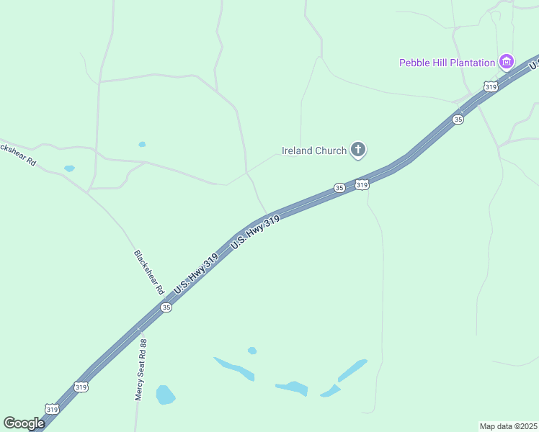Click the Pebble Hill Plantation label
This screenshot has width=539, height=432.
[x=447, y=63]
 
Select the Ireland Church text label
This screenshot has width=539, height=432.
[x=313, y=150]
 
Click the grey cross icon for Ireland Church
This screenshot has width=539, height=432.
[x=358, y=150]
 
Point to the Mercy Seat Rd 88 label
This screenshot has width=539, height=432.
[x=141, y=371]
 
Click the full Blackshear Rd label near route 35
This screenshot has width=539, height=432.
[x=149, y=273]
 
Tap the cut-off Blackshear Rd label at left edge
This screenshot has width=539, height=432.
[x=18, y=150]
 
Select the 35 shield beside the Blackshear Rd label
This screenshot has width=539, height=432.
[x=166, y=307]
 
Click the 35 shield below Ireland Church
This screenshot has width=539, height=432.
[x=339, y=188]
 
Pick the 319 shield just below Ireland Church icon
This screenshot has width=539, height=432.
[x=362, y=185]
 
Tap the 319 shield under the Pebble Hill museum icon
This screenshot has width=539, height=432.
[x=491, y=86]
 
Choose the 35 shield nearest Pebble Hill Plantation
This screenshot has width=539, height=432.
[x=458, y=120]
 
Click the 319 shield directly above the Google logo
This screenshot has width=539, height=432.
[x=52, y=409]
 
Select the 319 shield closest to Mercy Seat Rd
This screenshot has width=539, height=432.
[x=81, y=387]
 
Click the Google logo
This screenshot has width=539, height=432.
[x=24, y=423]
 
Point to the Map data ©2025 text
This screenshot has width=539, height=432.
[x=509, y=426]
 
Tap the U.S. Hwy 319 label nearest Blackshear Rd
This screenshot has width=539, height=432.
[x=195, y=274]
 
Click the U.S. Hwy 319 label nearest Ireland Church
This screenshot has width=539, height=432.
[x=255, y=235]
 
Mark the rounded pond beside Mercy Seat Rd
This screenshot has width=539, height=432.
[x=166, y=395]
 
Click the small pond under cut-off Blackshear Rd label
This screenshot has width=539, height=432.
[x=69, y=168]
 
